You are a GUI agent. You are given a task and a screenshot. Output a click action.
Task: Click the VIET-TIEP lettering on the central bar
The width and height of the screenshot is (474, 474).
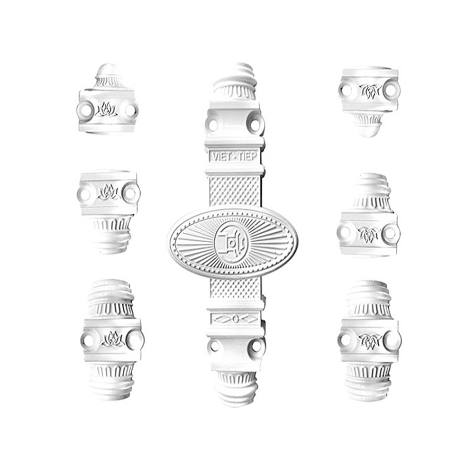click(x=235, y=157)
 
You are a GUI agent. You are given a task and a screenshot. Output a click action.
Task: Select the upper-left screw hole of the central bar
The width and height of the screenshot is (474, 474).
click(x=213, y=125)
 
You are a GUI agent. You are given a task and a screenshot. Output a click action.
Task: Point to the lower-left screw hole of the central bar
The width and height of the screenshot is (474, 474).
click(x=215, y=346)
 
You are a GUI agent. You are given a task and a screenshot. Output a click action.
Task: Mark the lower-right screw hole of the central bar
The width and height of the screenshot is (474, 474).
click(x=256, y=346)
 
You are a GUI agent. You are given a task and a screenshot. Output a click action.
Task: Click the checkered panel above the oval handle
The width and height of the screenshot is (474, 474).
click(x=234, y=191)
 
